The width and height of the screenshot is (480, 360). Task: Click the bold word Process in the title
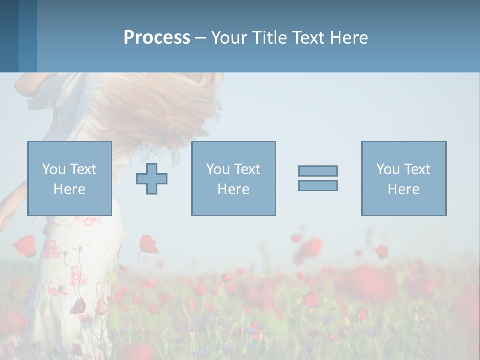pos(157,38)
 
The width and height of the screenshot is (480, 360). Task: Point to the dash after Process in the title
pos(200,38)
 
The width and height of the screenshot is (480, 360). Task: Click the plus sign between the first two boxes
pos(152,179)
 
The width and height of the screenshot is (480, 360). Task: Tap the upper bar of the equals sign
pos(318,171)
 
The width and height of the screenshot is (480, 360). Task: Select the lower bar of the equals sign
pos(318,185)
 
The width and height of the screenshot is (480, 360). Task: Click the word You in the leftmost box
pos(54,169)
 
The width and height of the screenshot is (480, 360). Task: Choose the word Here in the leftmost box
pos(69,189)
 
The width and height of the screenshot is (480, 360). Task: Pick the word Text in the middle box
pos(247,169)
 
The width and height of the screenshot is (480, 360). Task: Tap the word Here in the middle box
pos(233,189)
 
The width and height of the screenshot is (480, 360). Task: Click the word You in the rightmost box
pos(388,169)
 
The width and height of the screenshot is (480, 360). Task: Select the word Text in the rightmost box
pos(417,169)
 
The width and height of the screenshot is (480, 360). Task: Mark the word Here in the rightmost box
pos(403,189)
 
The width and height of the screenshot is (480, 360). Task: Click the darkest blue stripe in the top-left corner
pos(9,36)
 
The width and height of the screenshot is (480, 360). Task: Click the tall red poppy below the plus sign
pos(148,244)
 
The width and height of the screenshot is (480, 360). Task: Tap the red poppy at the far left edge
pos(24,246)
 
